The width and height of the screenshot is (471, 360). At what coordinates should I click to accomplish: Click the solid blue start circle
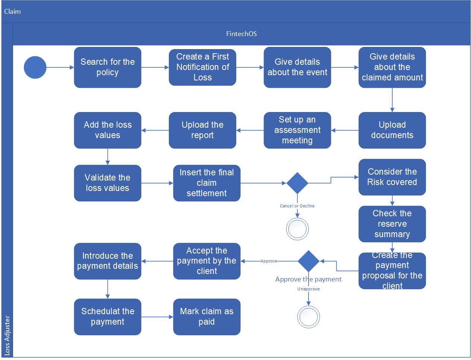(x=35, y=67)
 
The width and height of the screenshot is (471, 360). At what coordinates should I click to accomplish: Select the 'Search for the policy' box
(x=107, y=67)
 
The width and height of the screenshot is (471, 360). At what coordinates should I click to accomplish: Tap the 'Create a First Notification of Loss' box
(x=202, y=67)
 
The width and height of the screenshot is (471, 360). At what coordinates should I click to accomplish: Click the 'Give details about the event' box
(x=297, y=67)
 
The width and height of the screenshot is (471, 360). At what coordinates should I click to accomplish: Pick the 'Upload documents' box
(x=392, y=130)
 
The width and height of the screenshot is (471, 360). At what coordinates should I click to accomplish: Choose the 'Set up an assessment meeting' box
(x=297, y=130)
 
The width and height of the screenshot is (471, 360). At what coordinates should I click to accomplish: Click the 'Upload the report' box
(x=202, y=130)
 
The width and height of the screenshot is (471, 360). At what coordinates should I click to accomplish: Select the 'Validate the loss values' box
(x=107, y=183)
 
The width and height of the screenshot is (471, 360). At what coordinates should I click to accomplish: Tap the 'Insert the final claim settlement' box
(x=206, y=183)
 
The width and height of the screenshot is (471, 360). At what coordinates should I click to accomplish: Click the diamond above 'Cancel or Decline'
(x=297, y=183)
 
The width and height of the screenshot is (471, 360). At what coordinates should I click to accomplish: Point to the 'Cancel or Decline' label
(x=297, y=206)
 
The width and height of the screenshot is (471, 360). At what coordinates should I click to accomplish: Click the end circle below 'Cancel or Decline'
(x=297, y=229)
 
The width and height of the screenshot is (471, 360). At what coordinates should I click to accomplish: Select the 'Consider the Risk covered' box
(x=392, y=177)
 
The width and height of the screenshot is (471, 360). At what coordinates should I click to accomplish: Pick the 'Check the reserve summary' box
(x=392, y=224)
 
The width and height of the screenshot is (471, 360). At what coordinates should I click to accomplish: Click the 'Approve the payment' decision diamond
(x=309, y=261)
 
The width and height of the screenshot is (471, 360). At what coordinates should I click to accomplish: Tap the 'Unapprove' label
(x=308, y=289)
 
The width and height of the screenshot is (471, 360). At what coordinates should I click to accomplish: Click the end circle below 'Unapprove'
(x=309, y=317)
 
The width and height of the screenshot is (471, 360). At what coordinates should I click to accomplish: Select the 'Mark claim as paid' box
(x=206, y=317)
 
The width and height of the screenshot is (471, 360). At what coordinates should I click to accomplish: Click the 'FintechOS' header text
(x=241, y=34)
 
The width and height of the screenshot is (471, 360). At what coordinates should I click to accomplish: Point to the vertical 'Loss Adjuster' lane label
(x=7, y=335)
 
